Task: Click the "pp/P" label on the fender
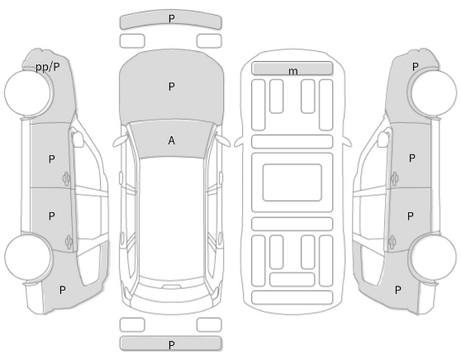click(x=47, y=68)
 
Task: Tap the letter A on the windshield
click(x=171, y=140)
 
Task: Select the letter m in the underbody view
click(x=292, y=71)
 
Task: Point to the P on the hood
click(x=171, y=87)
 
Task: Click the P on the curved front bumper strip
click(x=171, y=18)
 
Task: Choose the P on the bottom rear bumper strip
click(x=171, y=344)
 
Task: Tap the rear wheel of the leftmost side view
click(x=29, y=256)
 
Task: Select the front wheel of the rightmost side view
click(x=434, y=92)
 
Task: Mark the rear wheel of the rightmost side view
click(x=434, y=258)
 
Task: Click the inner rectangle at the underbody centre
click(x=292, y=182)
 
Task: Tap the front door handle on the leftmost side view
click(x=66, y=179)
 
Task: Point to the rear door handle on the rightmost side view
click(x=392, y=242)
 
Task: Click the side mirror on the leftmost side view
click(x=77, y=139)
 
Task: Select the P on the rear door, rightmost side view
click(x=411, y=216)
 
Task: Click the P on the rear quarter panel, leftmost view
click(x=62, y=290)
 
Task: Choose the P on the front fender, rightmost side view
click(x=415, y=67)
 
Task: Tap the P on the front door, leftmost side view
click(x=51, y=159)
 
